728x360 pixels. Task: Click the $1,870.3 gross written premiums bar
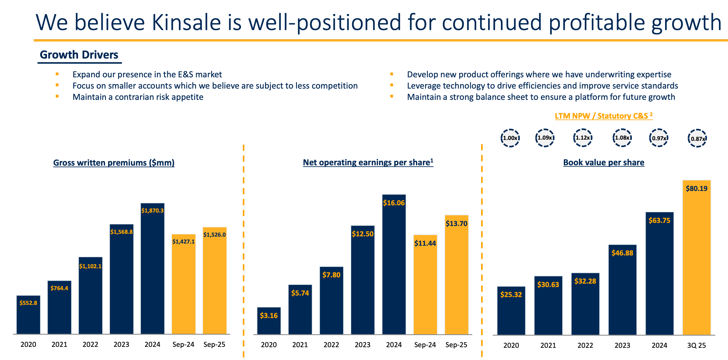pyautogui.click(x=153, y=269)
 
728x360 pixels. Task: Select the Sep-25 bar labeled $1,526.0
pyautogui.click(x=215, y=282)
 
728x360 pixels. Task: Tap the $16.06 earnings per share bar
pyautogui.click(x=394, y=266)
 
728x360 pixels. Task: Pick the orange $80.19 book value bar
pyautogui.click(x=696, y=260)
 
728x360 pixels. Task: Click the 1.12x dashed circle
pyautogui.click(x=583, y=138)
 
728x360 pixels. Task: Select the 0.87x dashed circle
pyautogui.click(x=697, y=138)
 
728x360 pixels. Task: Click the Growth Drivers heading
pyautogui.click(x=79, y=55)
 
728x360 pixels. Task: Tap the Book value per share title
pyautogui.click(x=604, y=162)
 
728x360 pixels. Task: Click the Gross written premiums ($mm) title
pyautogui.click(x=114, y=163)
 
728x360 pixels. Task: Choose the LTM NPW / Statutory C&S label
pyautogui.click(x=603, y=116)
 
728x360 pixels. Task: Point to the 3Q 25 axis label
pyautogui.click(x=696, y=345)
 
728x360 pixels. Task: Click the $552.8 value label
pyautogui.click(x=28, y=303)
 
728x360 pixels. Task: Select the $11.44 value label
pyautogui.click(x=425, y=243)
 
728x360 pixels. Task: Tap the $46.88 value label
pyautogui.click(x=622, y=253)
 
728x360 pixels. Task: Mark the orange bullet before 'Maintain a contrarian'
pyautogui.click(x=57, y=96)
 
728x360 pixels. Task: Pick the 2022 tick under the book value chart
pyautogui.click(x=585, y=345)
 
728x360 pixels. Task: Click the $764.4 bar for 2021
pyautogui.click(x=59, y=310)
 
